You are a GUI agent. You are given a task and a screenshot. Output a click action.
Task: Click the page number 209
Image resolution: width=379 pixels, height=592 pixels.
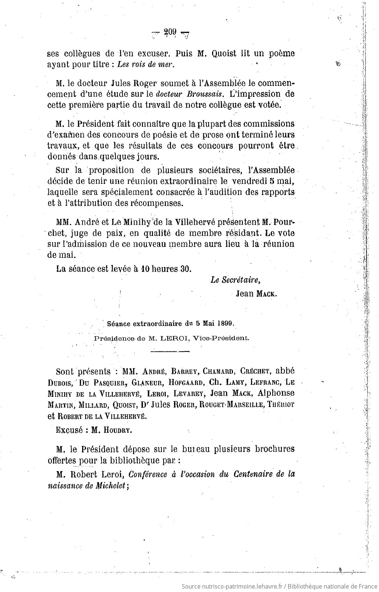(170, 33)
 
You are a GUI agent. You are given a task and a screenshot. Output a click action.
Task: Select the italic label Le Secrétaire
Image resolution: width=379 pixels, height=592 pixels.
(236, 280)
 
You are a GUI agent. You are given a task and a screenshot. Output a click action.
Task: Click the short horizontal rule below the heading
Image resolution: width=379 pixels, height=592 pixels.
(169, 352)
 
